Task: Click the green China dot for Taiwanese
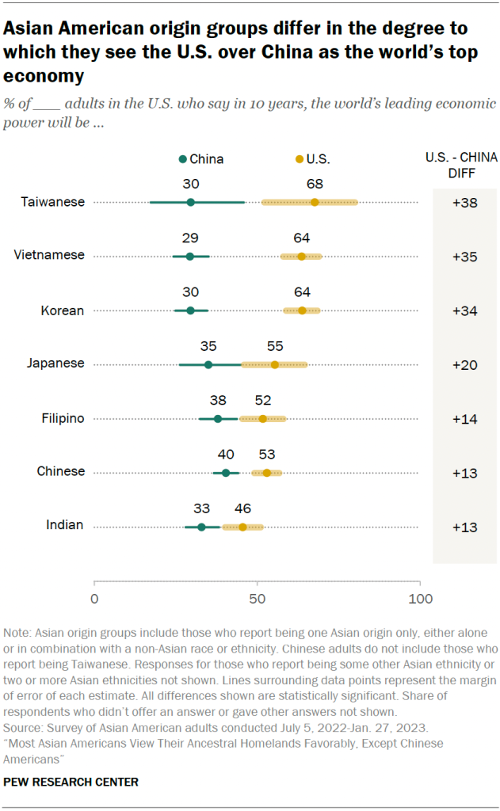point(191,202)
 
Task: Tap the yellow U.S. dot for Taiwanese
point(315,202)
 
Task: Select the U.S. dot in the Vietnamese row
point(301,257)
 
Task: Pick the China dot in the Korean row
point(191,310)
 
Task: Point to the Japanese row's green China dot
point(208,364)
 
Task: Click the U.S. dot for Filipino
point(263,418)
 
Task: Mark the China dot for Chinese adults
point(226,473)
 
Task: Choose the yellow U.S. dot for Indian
point(242,527)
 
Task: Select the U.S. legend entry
point(313,158)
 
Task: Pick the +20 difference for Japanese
point(464,364)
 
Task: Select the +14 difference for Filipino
point(464,418)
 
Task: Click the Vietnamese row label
point(49,256)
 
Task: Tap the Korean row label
point(62,310)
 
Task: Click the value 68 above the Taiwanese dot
point(315,184)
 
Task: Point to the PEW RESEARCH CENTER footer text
point(71,782)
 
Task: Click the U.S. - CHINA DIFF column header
point(464,166)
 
